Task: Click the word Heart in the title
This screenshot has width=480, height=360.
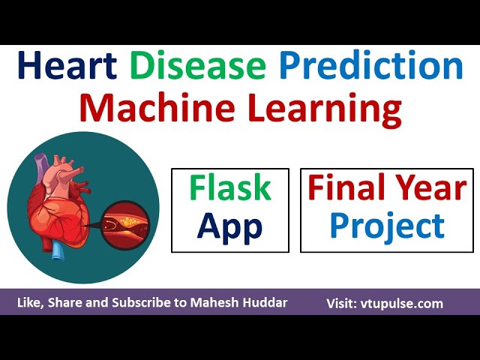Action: pyautogui.click(x=67, y=67)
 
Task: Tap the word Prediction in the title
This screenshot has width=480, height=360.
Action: pyautogui.click(x=371, y=67)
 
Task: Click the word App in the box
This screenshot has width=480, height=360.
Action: pyautogui.click(x=229, y=226)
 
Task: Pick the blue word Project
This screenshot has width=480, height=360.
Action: pyautogui.click(x=387, y=226)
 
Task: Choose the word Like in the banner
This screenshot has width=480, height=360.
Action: pyautogui.click(x=29, y=304)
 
